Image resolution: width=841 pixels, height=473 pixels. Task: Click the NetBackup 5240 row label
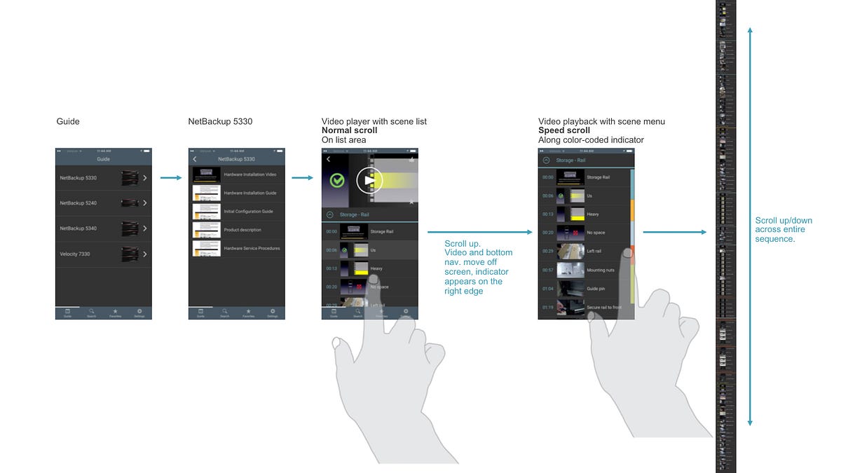pos(78,203)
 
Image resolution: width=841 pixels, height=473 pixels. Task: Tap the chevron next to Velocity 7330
pos(144,254)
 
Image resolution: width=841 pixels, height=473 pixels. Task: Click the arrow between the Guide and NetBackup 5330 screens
pos(171,178)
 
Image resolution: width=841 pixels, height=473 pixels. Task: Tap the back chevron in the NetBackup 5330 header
pos(195,160)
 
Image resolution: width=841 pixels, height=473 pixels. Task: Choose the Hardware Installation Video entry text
pos(250,174)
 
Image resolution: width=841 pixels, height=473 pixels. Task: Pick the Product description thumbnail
pos(207,230)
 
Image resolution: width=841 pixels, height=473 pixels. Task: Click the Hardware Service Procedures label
pos(252,248)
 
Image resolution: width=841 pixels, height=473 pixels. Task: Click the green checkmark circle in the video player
pos(337,181)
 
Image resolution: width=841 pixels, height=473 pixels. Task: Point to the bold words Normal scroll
pos(349,131)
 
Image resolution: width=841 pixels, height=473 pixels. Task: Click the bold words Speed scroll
pos(563,131)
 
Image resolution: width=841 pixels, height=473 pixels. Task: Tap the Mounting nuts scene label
pos(601,270)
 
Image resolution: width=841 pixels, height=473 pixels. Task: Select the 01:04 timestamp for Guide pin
pos(547,289)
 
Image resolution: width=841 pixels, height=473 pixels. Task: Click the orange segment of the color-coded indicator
pos(631,210)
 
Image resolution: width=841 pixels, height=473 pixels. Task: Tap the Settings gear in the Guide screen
pos(139,312)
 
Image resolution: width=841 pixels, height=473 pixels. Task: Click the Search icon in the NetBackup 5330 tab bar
pos(224,312)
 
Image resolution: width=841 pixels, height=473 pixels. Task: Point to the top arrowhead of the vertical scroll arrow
pos(750,32)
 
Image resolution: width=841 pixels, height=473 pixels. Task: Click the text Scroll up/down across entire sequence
pos(784,229)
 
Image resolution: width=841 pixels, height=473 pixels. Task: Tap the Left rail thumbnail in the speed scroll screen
pos(570,251)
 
